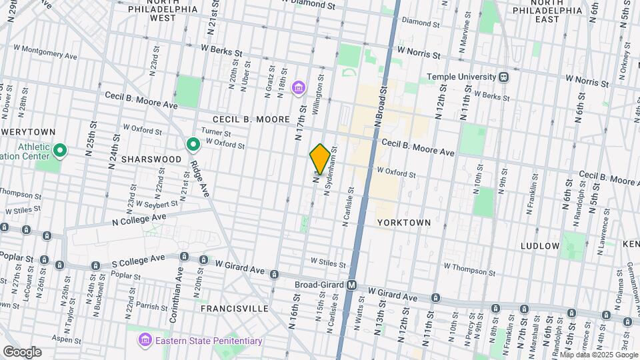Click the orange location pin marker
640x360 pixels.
point(320,159)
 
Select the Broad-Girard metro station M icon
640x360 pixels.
point(351,285)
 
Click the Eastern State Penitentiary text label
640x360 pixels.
point(209,341)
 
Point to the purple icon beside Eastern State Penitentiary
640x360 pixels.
point(145,341)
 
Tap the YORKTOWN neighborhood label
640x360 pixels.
point(403,222)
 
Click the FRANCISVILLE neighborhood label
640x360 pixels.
point(234,309)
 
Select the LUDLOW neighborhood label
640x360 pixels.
point(540,246)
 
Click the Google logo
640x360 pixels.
point(22,352)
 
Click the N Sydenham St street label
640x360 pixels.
point(331,171)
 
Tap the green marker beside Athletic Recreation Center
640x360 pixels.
point(60,150)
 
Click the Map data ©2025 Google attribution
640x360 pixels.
point(598,355)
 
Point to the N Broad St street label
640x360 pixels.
point(381,104)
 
